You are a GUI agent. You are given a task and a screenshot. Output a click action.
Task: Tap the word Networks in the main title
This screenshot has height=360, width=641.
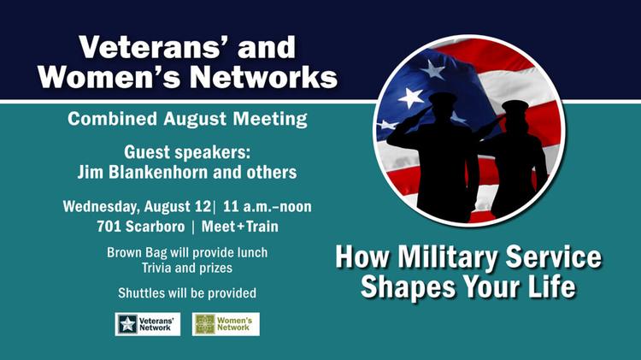(x=264, y=76)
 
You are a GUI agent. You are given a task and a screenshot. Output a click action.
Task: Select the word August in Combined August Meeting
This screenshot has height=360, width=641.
(x=195, y=120)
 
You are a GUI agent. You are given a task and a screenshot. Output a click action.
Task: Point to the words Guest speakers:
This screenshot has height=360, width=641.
(x=187, y=152)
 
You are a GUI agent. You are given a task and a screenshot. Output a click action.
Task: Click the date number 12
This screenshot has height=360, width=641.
(x=203, y=206)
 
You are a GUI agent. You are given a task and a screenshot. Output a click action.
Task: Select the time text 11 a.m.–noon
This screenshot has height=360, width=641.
(x=268, y=206)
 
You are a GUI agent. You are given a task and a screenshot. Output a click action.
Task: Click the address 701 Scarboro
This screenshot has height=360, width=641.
(x=141, y=227)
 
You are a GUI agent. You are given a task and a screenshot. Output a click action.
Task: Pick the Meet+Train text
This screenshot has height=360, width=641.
(x=240, y=227)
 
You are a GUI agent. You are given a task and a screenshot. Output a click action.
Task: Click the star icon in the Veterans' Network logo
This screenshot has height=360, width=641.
(x=127, y=324)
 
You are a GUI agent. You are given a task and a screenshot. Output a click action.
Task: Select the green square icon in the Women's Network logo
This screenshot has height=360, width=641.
(x=204, y=324)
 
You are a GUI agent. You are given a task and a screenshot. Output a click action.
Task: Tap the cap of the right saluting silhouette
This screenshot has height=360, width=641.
(x=515, y=106)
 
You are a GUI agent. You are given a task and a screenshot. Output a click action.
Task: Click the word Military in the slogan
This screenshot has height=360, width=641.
(x=448, y=257)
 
